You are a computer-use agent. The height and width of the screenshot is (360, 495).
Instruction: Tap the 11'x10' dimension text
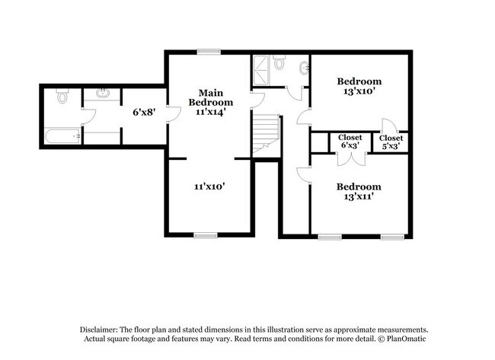click(x=209, y=186)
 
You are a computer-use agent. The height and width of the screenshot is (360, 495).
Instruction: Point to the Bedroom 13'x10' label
click(x=359, y=86)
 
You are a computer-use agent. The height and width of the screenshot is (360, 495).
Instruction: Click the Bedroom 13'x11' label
click(x=359, y=191)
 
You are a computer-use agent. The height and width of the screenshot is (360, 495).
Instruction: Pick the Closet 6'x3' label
click(x=350, y=141)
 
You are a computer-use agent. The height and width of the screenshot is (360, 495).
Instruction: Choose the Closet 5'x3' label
click(x=391, y=141)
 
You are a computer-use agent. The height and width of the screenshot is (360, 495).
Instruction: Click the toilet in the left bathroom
click(x=62, y=97)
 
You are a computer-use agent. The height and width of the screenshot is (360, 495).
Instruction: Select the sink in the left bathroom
click(x=101, y=94)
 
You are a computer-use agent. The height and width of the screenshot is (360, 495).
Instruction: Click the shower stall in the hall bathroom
click(x=262, y=69)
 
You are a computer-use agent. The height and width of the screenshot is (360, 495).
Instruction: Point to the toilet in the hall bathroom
click(x=279, y=63)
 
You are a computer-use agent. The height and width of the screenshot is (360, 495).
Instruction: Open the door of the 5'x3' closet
click(x=388, y=126)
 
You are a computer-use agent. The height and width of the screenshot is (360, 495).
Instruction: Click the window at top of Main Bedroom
click(x=206, y=52)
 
